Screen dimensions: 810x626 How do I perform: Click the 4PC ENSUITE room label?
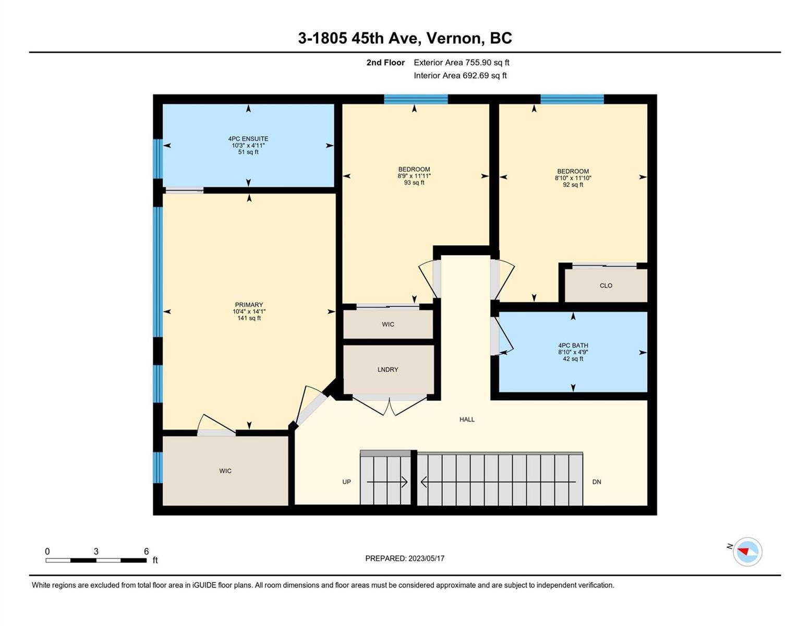pyautogui.click(x=248, y=139)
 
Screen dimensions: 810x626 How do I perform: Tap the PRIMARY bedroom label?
pyautogui.click(x=249, y=305)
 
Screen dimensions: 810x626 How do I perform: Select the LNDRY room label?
pyautogui.click(x=388, y=369)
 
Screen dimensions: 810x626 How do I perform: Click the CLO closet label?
pyautogui.click(x=606, y=285)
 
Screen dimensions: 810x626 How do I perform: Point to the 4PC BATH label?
pyautogui.click(x=573, y=346)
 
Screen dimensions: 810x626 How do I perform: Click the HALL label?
pyautogui.click(x=467, y=419)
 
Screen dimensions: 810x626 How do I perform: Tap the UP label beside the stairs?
pyautogui.click(x=346, y=481)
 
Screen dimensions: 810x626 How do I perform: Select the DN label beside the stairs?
pyautogui.click(x=596, y=481)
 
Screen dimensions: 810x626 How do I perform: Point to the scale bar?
pyautogui.click(x=96, y=560)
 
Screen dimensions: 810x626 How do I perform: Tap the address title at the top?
pyautogui.click(x=405, y=38)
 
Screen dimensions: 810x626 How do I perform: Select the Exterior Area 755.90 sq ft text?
pyautogui.click(x=462, y=63)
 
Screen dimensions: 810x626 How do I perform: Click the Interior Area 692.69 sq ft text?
pyautogui.click(x=461, y=76)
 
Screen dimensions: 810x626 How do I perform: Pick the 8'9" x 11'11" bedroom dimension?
pyautogui.click(x=414, y=176)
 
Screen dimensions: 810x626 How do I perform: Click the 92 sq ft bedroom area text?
pyautogui.click(x=573, y=185)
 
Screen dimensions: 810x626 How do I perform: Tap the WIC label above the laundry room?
pyautogui.click(x=388, y=324)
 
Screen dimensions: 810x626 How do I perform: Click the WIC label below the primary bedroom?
pyautogui.click(x=225, y=471)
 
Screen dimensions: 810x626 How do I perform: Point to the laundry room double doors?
pyautogui.click(x=389, y=406)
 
